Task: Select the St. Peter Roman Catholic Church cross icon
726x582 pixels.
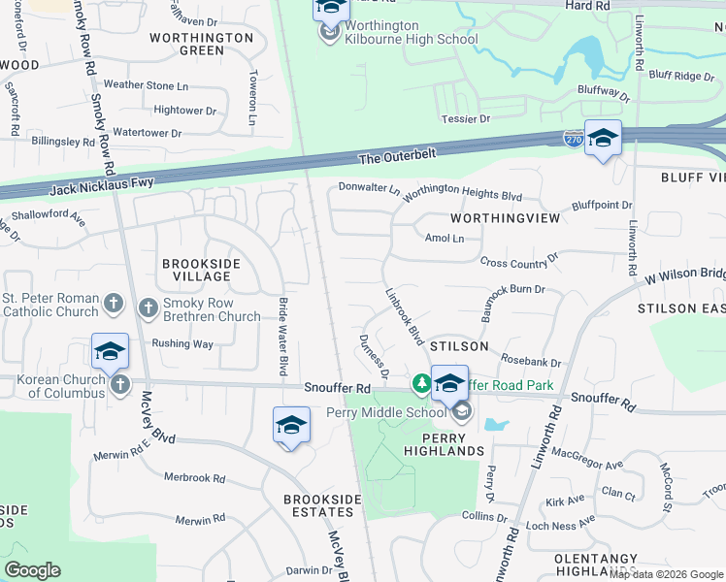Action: (x=113, y=305)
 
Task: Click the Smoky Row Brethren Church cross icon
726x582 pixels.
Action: (x=148, y=308)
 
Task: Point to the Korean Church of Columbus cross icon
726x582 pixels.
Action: (x=120, y=385)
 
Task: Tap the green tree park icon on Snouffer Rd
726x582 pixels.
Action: (x=422, y=384)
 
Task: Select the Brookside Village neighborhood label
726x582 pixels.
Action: (x=197, y=270)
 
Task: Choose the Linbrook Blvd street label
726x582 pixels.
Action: (x=406, y=317)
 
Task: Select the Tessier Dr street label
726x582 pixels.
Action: (x=467, y=118)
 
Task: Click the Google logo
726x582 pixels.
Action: (x=32, y=570)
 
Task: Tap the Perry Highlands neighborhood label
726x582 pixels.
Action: (x=445, y=444)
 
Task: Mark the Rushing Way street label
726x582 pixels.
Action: (x=182, y=343)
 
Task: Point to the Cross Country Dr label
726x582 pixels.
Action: (x=519, y=261)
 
